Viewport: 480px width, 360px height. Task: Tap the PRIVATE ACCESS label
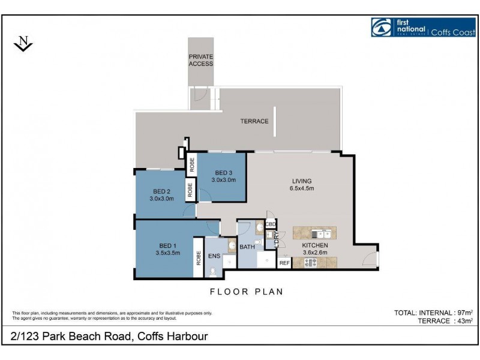pyautogui.click(x=201, y=60)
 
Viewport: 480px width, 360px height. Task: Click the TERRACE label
pyautogui.click(x=254, y=121)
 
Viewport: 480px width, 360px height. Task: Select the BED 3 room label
pyautogui.click(x=223, y=173)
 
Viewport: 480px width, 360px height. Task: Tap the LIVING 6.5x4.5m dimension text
pyautogui.click(x=302, y=188)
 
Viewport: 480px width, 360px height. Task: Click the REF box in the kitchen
pyautogui.click(x=284, y=262)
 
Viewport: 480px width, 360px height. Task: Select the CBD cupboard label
pyautogui.click(x=271, y=224)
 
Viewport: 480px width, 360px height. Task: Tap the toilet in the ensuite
pyautogui.click(x=214, y=271)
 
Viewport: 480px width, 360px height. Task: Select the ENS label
pyautogui.click(x=214, y=256)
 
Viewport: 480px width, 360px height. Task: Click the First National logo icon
pyautogui.click(x=381, y=28)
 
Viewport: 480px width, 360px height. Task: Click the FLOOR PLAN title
pyautogui.click(x=246, y=292)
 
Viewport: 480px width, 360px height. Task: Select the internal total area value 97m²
pyautogui.click(x=464, y=313)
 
